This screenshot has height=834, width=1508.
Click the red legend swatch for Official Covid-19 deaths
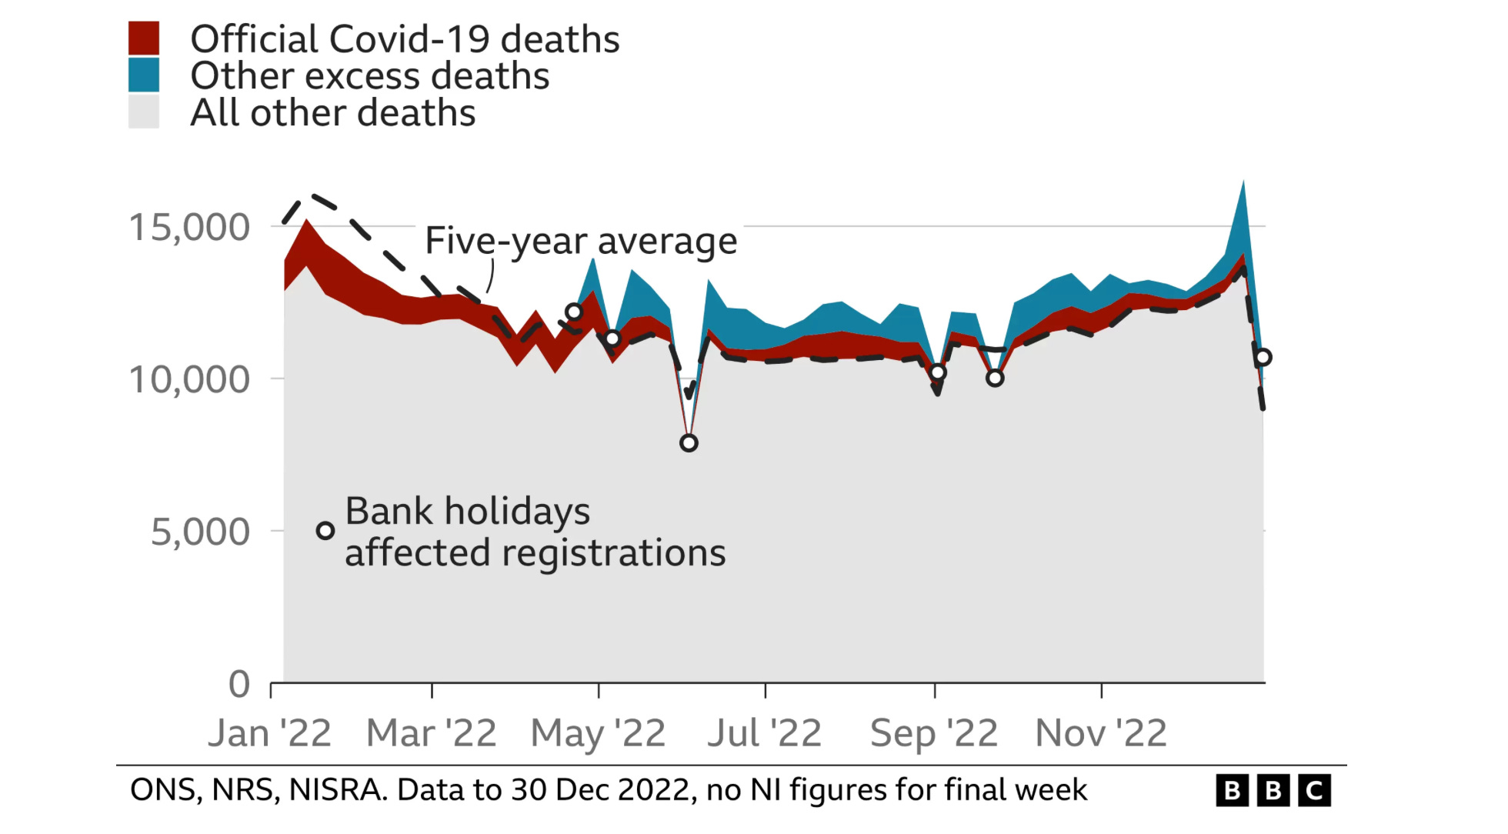(x=144, y=38)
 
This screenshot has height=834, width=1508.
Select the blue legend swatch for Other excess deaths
(x=144, y=75)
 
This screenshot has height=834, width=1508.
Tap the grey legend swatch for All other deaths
(x=144, y=112)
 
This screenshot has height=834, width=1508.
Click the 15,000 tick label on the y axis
(x=189, y=227)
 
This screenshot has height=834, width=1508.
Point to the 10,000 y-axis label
(x=189, y=379)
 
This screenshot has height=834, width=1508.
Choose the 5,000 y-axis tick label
(x=200, y=532)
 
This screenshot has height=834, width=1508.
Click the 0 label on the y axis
(x=239, y=684)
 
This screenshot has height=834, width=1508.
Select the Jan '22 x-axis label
(x=270, y=732)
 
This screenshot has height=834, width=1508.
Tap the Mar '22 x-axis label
(x=432, y=732)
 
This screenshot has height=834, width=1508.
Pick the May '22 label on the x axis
(x=599, y=732)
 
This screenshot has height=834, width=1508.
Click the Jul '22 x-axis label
(x=765, y=732)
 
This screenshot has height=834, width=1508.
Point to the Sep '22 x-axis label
(x=934, y=732)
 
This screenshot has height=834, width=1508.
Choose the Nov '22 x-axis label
(x=1101, y=732)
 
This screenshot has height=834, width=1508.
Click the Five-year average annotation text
(x=581, y=241)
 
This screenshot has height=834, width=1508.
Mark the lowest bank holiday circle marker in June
(x=689, y=442)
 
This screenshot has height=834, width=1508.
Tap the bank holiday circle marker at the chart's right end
(x=1263, y=357)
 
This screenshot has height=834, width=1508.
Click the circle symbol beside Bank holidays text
(x=325, y=530)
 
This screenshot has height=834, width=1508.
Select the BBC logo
(x=1273, y=790)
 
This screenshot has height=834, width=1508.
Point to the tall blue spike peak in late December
(x=1243, y=183)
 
